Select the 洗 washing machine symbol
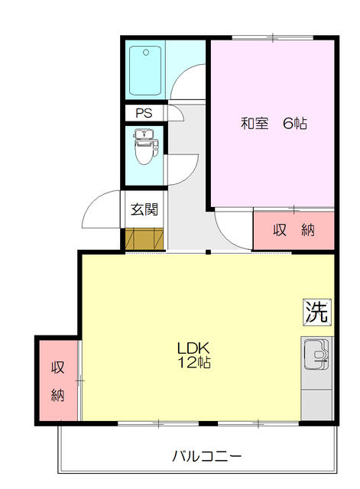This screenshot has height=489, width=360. point(317,311)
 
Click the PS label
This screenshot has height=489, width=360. point(144,112)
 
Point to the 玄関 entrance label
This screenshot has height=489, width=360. point(144,209)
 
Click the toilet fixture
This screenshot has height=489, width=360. point(144,148)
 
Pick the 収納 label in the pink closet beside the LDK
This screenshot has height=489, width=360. point(58,381)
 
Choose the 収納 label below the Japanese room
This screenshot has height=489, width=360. point(294,229)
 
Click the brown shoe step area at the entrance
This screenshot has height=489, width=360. point(144,238)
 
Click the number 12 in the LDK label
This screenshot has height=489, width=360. point(186,362)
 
